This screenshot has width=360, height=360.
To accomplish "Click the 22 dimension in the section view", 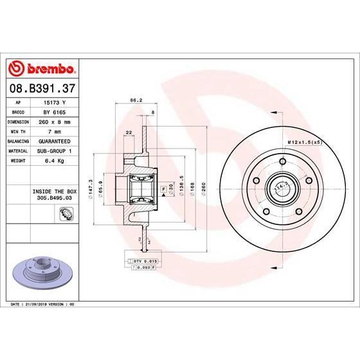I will click(x=130, y=132).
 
